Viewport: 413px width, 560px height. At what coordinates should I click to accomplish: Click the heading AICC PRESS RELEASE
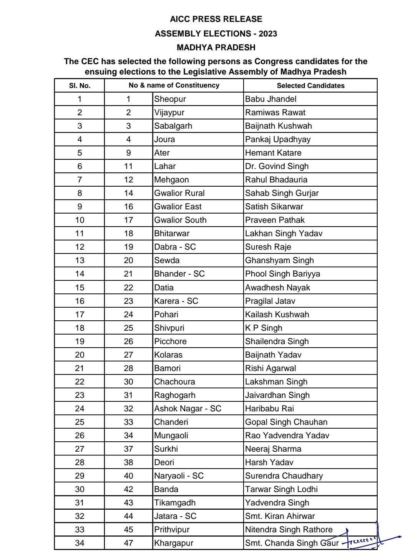coord(216,19)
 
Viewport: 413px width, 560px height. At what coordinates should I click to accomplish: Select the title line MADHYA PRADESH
coord(216,48)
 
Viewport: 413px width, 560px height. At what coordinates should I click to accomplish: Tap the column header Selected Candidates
coord(310,86)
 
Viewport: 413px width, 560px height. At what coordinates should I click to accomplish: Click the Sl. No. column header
coord(80,86)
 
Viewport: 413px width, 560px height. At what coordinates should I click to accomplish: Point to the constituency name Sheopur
coord(170,99)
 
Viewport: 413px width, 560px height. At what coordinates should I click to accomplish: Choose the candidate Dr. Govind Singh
coord(277,166)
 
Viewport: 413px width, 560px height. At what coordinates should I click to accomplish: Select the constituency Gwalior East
coord(177,207)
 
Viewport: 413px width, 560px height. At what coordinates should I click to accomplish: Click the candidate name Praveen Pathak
coord(275,220)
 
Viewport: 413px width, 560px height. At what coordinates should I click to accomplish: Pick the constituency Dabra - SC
coord(175,247)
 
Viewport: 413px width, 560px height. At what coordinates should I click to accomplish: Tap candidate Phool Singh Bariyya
coord(282,274)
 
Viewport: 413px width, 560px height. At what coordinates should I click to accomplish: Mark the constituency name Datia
coord(164,288)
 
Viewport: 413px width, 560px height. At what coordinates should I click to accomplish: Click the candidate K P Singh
coord(264,328)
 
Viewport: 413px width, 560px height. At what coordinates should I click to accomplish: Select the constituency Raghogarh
coord(174,395)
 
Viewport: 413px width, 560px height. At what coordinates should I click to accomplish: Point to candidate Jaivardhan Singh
coord(277,395)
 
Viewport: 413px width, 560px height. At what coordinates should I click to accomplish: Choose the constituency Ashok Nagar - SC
coord(187,409)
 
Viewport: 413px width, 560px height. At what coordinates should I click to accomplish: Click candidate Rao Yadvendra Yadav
coord(287,436)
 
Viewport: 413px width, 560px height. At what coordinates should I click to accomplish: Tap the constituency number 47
coord(128,543)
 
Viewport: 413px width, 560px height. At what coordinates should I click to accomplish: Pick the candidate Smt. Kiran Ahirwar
coord(280,516)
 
